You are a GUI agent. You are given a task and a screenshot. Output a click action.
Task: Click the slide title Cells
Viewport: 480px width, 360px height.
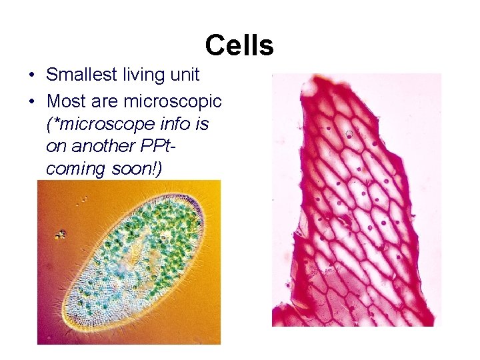click(239, 46)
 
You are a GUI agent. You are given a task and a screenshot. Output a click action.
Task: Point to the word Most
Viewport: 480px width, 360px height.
click(65, 101)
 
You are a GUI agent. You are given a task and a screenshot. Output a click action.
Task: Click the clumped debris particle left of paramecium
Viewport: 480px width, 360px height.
click(61, 234)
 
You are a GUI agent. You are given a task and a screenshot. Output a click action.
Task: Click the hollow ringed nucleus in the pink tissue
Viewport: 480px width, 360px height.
click(349, 134)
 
